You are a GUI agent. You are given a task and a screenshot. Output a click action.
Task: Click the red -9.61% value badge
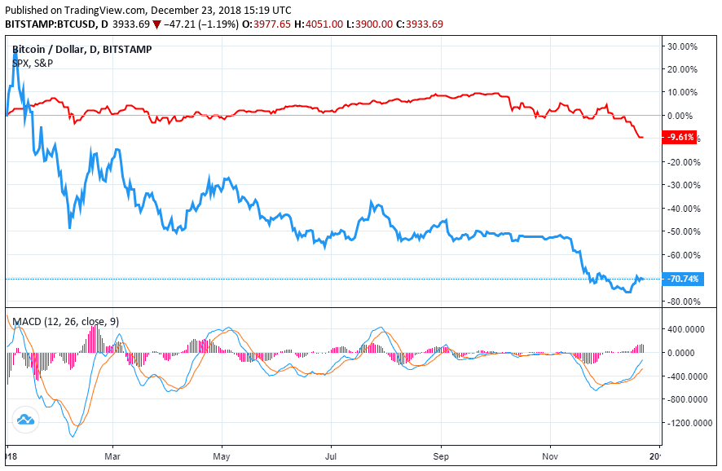click(680, 138)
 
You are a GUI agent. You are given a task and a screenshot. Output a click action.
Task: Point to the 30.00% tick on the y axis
click(682, 46)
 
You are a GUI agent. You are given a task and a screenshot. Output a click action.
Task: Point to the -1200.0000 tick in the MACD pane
click(686, 423)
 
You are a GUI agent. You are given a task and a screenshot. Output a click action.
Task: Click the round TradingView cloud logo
click(24, 420)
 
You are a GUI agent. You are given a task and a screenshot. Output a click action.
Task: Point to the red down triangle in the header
click(158, 24)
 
